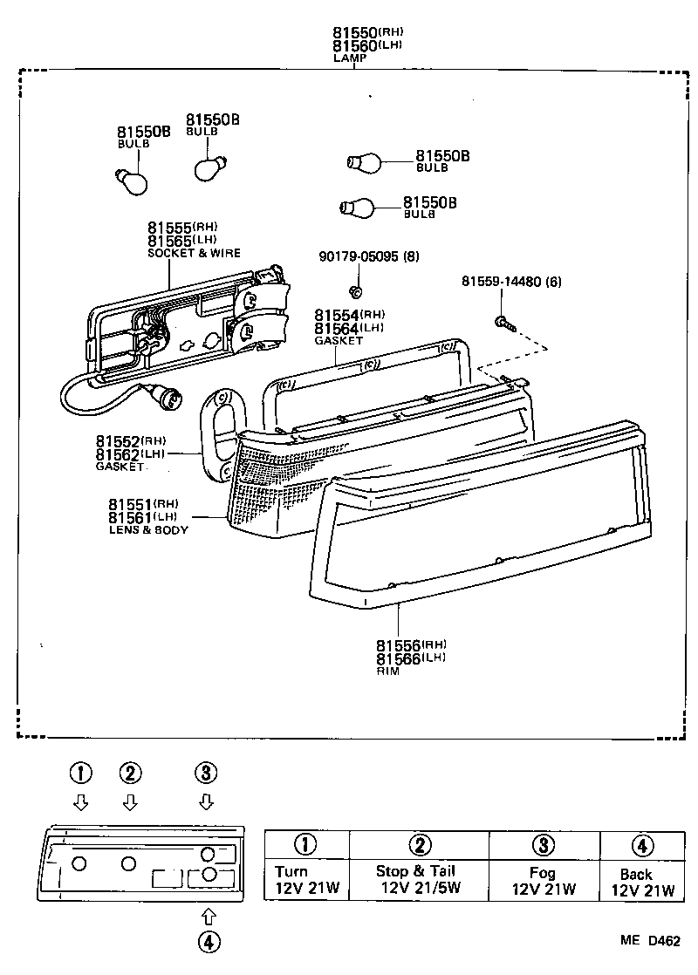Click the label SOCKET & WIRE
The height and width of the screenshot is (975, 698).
pos(194,253)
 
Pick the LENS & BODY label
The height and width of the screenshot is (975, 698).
pos(148,529)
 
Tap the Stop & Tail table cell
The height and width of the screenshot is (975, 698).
pos(419,880)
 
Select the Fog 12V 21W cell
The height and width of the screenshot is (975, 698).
pos(544,880)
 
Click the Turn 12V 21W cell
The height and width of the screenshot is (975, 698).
pos(306,880)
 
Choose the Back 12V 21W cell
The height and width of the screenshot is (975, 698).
pos(642,881)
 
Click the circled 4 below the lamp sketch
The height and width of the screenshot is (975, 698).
pos(208,941)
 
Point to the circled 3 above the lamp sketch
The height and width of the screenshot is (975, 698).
pos(206,773)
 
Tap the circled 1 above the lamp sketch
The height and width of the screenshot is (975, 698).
pos(80,773)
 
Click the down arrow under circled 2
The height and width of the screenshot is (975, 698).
pos(130,801)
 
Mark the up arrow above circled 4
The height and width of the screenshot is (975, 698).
pos(208,914)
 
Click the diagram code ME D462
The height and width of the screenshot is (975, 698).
pos(650,940)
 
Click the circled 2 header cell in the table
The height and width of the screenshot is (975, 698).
pos(419,844)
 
